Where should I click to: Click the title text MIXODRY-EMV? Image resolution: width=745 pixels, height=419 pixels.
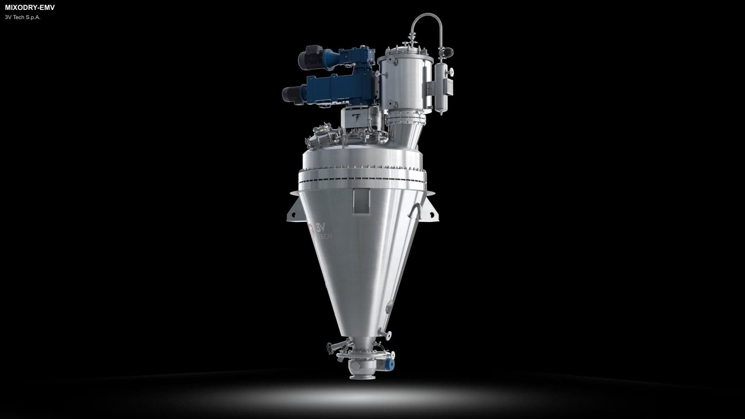tap(30, 7)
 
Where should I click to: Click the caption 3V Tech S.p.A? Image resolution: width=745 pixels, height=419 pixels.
tap(23, 17)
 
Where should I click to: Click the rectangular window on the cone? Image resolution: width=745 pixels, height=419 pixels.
tap(363, 201)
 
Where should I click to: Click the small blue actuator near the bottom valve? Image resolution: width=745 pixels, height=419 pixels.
tap(389, 364)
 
